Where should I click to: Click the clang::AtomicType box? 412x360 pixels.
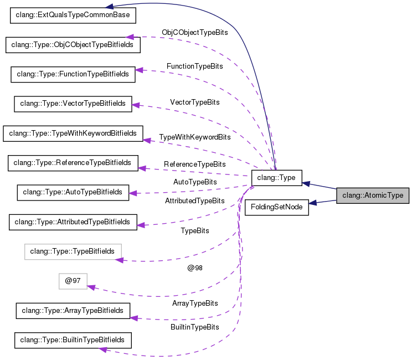tap(373, 196)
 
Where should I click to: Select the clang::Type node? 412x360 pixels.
tap(276, 178)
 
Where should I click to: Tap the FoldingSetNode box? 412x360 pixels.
tap(277, 207)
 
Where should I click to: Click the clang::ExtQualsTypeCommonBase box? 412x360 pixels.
tap(73, 15)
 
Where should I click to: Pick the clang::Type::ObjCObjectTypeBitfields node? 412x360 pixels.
tap(73, 44)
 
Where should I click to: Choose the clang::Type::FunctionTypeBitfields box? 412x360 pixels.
tap(73, 74)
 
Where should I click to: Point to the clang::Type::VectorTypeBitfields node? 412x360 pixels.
tap(73, 103)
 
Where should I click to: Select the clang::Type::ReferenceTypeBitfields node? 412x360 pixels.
tap(73, 163)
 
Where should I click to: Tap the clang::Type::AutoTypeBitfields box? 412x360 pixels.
tap(73, 192)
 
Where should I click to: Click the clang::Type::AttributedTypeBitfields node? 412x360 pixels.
tap(73, 222)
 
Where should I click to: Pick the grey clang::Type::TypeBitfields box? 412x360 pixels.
tap(73, 251)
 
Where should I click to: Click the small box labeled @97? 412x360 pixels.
tap(73, 281)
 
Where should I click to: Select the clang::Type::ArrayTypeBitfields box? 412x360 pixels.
tap(73, 311)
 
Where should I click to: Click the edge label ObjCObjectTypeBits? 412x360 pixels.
tap(194, 33)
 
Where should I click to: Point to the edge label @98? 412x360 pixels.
tap(195, 268)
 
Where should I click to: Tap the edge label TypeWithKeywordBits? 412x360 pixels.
tap(194, 137)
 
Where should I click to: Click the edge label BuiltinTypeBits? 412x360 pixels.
tap(194, 327)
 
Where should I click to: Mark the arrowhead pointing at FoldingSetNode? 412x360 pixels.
tap(313, 203)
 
